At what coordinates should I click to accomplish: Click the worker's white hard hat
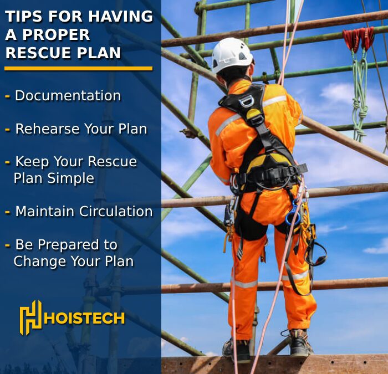pyautogui.click(x=232, y=55)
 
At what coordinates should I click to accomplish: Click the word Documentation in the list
pyautogui.click(x=68, y=96)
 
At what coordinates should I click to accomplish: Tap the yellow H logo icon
pyautogui.click(x=30, y=317)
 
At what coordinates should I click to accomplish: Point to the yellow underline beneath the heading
pyautogui.click(x=78, y=69)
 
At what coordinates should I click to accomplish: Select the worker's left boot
pyautogui.click(x=236, y=348)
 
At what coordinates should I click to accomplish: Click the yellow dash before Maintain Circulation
pyautogui.click(x=7, y=212)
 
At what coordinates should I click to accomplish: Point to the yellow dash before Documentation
pyautogui.click(x=7, y=96)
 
